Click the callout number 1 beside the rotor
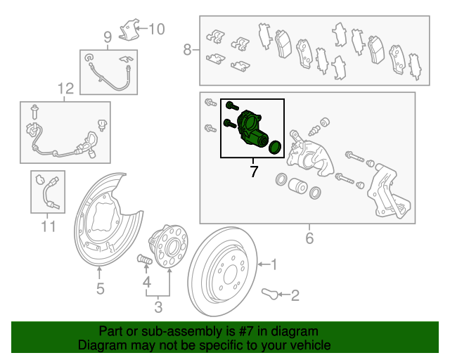(274, 264)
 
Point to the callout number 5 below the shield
(101, 288)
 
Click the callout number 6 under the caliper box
(309, 238)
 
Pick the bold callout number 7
(254, 171)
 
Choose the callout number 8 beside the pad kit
(188, 49)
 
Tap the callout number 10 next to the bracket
(156, 29)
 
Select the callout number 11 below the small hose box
(47, 226)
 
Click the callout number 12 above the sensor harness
(65, 89)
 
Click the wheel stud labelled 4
(144, 262)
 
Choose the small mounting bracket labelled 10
(129, 31)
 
